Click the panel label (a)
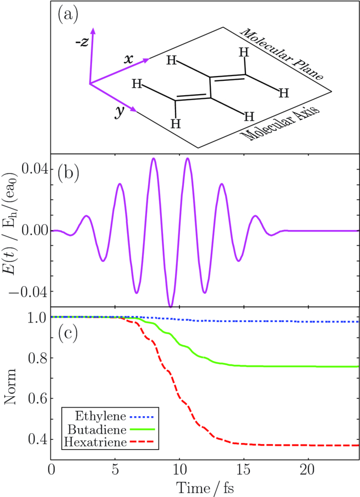[67, 15]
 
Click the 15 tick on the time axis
[244, 471]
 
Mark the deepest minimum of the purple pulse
[171, 306]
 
